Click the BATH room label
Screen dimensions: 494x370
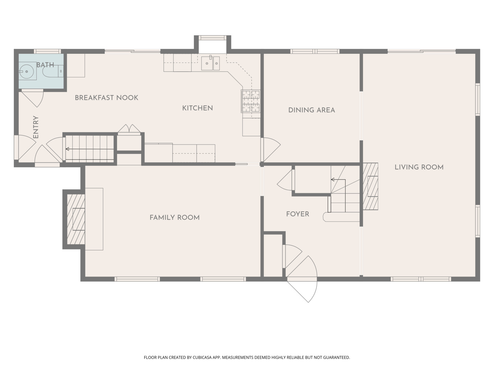pyautogui.click(x=45, y=65)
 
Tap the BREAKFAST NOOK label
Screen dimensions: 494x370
pyautogui.click(x=106, y=98)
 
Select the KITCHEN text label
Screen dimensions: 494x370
pyautogui.click(x=197, y=108)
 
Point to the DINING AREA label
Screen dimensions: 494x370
pyautogui.click(x=311, y=110)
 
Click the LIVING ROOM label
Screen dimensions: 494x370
pyautogui.click(x=419, y=167)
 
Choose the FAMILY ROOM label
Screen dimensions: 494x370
pyautogui.click(x=174, y=218)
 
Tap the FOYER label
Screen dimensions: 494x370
pyautogui.click(x=297, y=214)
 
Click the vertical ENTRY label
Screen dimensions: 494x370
pyautogui.click(x=36, y=127)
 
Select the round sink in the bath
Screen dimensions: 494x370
pyautogui.click(x=26, y=72)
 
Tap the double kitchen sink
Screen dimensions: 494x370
pyautogui.click(x=210, y=63)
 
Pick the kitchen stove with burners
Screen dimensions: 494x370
pyautogui.click(x=251, y=101)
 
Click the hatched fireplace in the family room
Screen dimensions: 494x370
pyautogui.click(x=76, y=219)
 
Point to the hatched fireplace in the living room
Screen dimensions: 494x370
pyautogui.click(x=370, y=186)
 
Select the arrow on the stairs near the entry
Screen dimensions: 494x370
pyautogui.click(x=90, y=149)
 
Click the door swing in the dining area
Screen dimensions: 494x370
pyautogui.click(x=271, y=150)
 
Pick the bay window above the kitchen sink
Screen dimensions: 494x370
pyautogui.click(x=212, y=38)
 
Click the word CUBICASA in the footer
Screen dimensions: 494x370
pyautogui.click(x=202, y=357)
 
